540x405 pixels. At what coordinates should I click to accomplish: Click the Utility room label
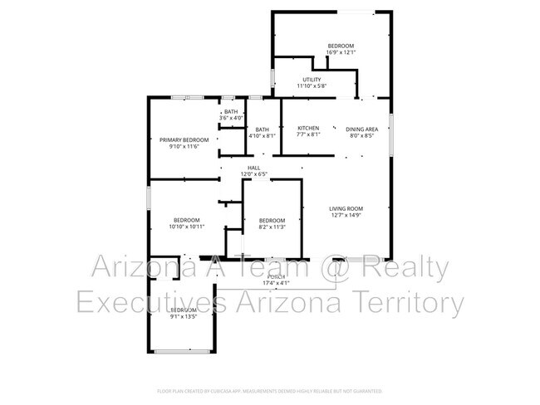click(x=312, y=79)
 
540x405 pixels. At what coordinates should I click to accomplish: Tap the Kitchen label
click(x=308, y=129)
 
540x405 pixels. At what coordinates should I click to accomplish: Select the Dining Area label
click(x=361, y=129)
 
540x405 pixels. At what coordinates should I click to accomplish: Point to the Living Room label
click(x=346, y=208)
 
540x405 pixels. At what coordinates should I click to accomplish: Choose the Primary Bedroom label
click(x=184, y=139)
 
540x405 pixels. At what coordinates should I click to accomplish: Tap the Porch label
click(x=277, y=276)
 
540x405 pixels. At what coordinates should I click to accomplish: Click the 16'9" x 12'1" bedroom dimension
click(x=341, y=52)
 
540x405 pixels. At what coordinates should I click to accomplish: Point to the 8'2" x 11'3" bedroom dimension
click(x=272, y=227)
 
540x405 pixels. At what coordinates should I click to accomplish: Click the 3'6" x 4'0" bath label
click(x=230, y=118)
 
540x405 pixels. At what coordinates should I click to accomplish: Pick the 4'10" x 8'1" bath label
click(x=262, y=136)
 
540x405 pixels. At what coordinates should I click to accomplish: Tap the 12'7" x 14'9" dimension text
click(x=346, y=216)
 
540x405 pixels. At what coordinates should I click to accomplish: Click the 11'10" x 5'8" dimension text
click(x=312, y=85)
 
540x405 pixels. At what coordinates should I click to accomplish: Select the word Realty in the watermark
click(x=406, y=268)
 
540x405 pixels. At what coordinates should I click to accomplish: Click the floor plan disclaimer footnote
click(x=269, y=390)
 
